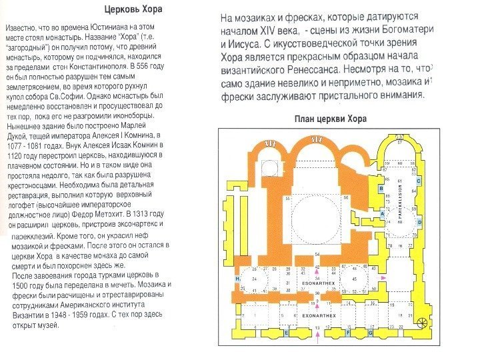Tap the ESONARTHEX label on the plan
(313, 283)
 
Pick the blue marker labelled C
(419, 181)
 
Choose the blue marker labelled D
(419, 221)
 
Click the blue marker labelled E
(286, 331)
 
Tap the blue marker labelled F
(344, 331)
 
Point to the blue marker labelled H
(237, 278)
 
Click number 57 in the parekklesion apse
(399, 142)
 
